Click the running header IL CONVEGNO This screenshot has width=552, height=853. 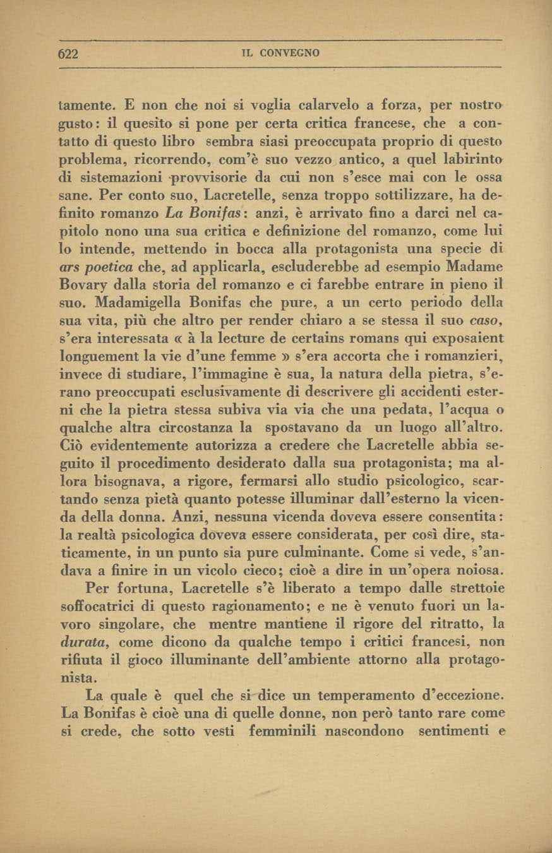(x=280, y=54)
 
